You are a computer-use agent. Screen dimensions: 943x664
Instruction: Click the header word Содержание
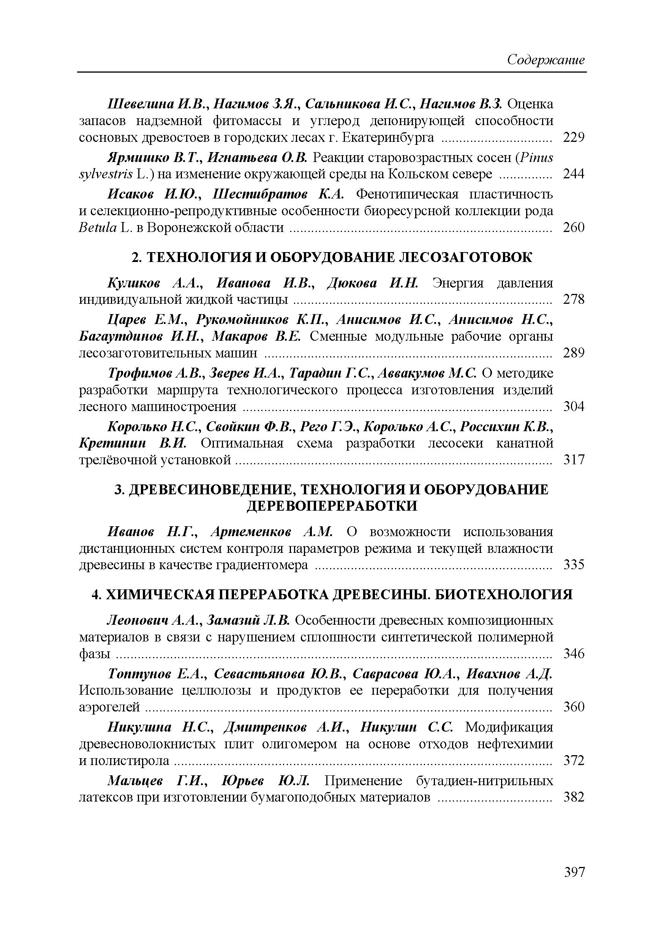coord(546,60)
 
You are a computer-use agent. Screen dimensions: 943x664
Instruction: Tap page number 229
coord(574,138)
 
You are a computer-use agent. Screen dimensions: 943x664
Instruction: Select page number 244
coord(574,174)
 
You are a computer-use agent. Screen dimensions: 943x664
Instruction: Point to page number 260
coord(574,227)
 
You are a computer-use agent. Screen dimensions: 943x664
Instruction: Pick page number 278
coord(574,299)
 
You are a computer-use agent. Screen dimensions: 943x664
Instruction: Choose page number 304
coord(574,406)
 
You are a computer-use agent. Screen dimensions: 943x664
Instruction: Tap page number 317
coord(574,460)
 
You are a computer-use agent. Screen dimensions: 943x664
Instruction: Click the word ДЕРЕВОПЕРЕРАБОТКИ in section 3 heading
coord(332,506)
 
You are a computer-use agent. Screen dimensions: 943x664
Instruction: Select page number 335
coord(574,565)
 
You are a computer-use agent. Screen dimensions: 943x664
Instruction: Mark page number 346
coord(574,654)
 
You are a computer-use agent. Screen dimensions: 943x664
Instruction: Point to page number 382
coord(574,797)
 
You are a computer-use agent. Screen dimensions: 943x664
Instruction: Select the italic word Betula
coord(98,227)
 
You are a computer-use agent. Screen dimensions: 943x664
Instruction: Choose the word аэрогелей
coord(109,707)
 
